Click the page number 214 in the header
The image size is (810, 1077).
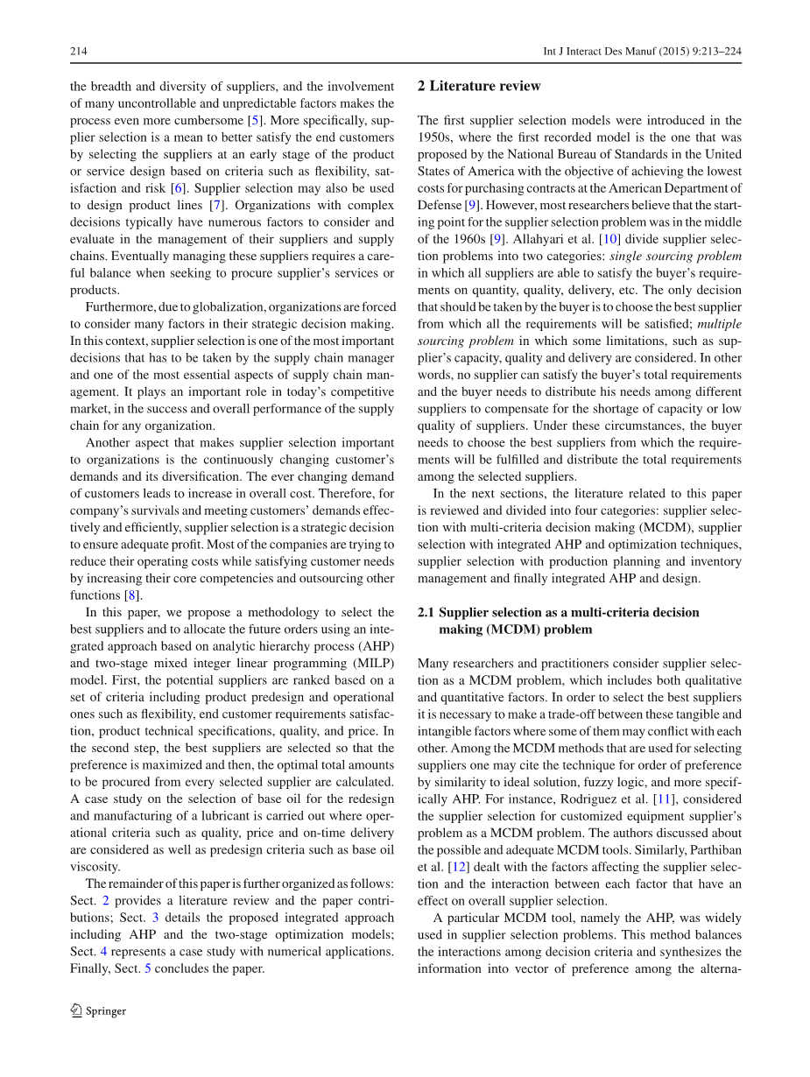tap(79, 52)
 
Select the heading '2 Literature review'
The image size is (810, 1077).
tap(479, 86)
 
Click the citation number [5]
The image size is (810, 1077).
tap(253, 120)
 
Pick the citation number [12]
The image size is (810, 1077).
tap(460, 867)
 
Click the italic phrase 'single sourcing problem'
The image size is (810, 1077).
tap(675, 257)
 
